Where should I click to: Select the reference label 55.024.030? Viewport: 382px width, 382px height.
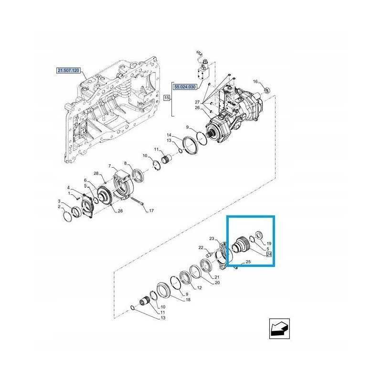pos(185,86)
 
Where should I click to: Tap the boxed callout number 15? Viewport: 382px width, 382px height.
pos(167,98)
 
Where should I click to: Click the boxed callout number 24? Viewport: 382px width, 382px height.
pos(269,255)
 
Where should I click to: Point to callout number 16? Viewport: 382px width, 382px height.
pos(255,82)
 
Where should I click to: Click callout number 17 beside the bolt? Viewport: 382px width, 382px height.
pos(151,211)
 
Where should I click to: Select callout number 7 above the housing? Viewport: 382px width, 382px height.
pos(109,166)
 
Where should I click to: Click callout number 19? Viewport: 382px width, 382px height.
pos(269,244)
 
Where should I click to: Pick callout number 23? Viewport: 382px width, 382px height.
pos(212,238)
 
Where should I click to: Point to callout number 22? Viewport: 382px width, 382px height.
pos(201,247)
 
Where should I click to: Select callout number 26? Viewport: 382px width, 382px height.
pos(197,108)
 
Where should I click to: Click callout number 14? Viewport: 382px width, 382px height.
pos(169,136)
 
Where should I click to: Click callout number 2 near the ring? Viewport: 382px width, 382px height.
pos(60,207)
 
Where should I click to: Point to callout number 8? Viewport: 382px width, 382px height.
pos(125,163)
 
